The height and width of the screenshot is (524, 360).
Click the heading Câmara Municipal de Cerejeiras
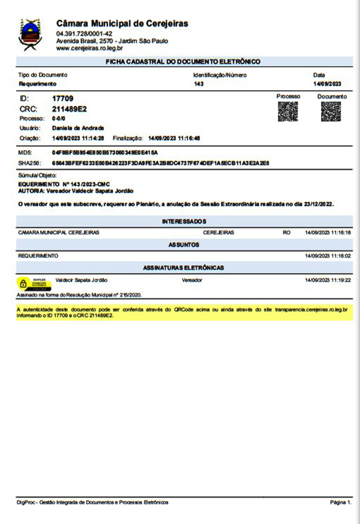pos(122,24)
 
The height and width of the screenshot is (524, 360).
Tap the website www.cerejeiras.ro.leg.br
pos(89,48)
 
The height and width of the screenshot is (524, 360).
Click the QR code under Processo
pos(288,112)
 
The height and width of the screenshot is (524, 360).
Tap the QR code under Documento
pos(331,112)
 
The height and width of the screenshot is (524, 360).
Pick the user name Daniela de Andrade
pos(78,128)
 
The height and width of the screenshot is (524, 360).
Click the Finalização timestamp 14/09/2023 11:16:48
pos(174,138)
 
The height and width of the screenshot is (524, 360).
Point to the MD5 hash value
pos(104,153)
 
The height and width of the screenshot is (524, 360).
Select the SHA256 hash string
pos(161,163)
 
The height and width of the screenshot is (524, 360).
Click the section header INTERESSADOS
pos(184,221)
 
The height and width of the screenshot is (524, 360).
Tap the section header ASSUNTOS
pos(184,245)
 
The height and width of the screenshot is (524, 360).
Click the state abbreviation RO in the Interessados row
pos(286,233)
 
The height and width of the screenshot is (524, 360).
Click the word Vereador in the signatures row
pos(192,281)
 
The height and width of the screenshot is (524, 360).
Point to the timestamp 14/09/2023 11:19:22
pos(328,281)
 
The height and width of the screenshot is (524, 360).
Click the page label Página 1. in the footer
pos(340,502)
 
